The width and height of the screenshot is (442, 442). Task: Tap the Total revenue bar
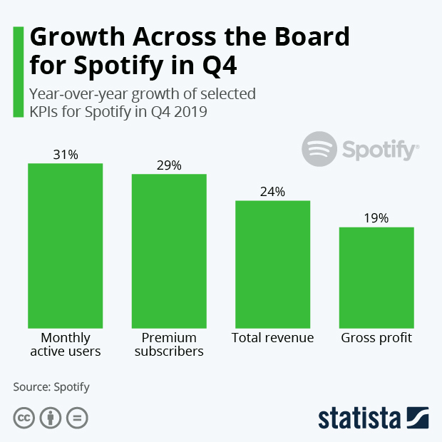point(273,264)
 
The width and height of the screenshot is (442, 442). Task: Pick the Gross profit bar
point(376,277)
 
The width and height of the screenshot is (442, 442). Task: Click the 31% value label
point(66,154)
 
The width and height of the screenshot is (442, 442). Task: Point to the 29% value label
point(169,165)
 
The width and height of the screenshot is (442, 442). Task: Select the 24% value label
point(273,192)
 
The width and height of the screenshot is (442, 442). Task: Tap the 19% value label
point(376,218)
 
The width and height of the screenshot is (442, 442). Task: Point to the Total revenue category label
point(273,338)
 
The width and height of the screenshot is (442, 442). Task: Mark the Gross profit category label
point(376,338)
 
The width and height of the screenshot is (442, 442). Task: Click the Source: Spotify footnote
point(51,387)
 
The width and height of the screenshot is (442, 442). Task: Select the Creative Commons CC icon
point(24,418)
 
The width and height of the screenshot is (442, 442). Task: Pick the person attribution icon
point(51,418)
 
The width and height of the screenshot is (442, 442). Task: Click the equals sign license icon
point(77,418)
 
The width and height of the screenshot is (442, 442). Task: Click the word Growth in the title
point(78,36)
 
